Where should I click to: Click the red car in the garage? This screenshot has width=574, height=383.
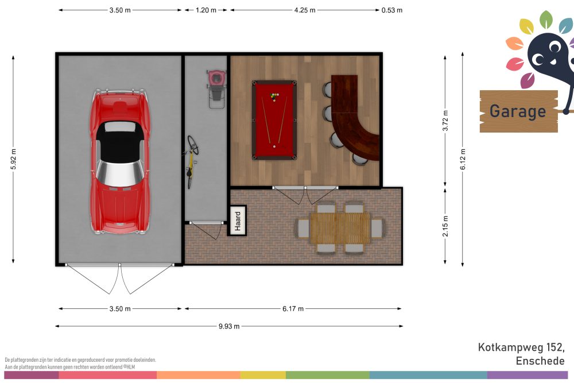point(120,161)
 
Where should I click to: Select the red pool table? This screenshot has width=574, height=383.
point(274,121)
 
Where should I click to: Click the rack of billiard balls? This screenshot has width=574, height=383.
point(274,97)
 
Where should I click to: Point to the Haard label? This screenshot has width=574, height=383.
point(237,221)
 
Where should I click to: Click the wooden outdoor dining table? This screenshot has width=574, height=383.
point(340,228)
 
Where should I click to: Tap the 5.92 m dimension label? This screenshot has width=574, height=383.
point(14,159)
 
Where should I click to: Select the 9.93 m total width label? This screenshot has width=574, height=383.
point(229,326)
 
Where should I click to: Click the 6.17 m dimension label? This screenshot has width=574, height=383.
point(293,309)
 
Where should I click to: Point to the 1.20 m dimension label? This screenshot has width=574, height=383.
point(206,10)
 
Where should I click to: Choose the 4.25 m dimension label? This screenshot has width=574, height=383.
point(305,10)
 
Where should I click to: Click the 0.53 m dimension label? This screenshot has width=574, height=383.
point(391,10)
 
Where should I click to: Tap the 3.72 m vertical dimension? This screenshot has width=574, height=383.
point(445,121)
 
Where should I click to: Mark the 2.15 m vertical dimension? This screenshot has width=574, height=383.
point(445,226)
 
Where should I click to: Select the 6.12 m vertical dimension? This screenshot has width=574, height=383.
point(463,159)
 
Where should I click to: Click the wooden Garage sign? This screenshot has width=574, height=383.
point(519,111)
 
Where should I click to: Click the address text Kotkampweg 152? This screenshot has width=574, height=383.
point(521,347)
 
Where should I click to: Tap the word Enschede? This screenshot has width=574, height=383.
point(540,361)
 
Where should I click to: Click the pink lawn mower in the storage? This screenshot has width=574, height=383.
point(216,89)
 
